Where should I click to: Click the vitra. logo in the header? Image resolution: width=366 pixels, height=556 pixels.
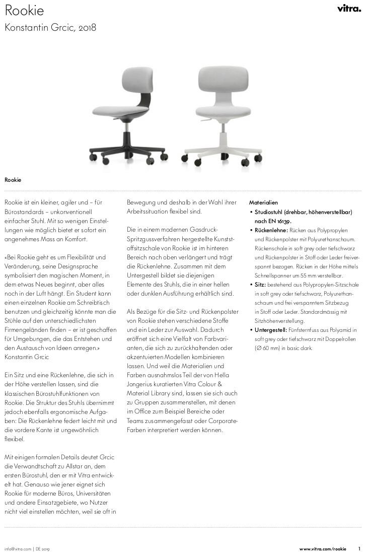point(349,9)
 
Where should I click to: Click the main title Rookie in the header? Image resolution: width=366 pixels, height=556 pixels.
point(24,11)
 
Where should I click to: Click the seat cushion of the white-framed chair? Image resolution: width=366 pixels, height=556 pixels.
point(223,111)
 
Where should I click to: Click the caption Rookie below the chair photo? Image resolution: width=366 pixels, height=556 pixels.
point(13,180)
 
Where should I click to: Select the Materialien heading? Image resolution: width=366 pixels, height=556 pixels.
point(263,202)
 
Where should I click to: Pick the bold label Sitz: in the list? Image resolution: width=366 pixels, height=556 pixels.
point(260,285)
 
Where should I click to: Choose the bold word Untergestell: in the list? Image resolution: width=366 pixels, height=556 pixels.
point(271,330)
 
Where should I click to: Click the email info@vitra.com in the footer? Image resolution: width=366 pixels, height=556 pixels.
point(18,548)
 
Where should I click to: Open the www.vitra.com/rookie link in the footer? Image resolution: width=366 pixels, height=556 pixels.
point(323,548)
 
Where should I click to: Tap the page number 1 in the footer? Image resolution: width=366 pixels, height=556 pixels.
point(359,548)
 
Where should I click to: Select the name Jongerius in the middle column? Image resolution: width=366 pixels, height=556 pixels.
point(141,384)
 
